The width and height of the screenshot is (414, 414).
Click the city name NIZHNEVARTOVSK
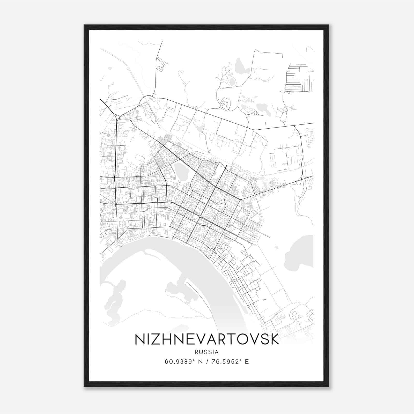click(207, 339)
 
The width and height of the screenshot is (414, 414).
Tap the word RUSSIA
click(207, 352)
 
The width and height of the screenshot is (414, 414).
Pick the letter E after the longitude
click(247, 362)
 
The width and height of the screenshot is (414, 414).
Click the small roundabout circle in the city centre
click(200, 216)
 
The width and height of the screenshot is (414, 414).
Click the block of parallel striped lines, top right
click(299, 78)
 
